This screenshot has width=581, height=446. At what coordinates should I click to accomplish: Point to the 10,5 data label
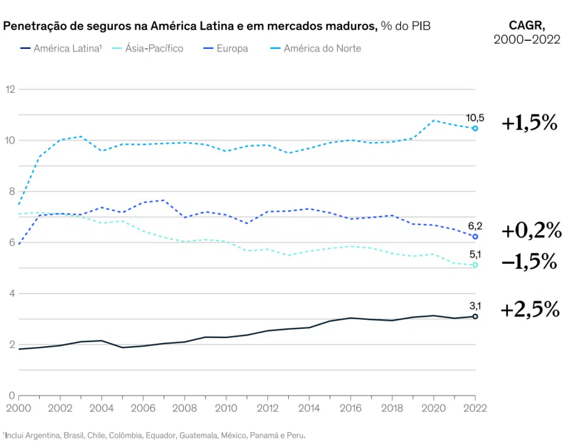(x=475, y=118)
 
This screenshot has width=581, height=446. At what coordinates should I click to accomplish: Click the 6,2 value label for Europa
(x=475, y=226)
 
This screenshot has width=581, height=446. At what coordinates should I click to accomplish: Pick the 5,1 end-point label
(x=475, y=255)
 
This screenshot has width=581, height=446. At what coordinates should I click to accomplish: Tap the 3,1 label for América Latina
(x=475, y=306)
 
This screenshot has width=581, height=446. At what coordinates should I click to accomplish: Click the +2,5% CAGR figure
(x=530, y=310)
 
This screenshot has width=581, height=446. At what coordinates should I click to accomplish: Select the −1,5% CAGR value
(x=529, y=262)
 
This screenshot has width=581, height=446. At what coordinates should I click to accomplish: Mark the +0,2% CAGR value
(x=531, y=230)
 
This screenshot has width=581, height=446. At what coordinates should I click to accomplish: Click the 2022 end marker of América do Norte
(x=475, y=128)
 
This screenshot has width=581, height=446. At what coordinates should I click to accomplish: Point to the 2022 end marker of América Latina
(x=475, y=316)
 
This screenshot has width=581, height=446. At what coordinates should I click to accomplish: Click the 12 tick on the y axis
(x=10, y=89)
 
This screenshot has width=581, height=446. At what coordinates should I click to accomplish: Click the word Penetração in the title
(x=33, y=26)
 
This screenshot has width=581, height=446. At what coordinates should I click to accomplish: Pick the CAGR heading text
(x=527, y=26)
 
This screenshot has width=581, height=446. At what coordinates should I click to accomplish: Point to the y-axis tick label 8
(x=10, y=191)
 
